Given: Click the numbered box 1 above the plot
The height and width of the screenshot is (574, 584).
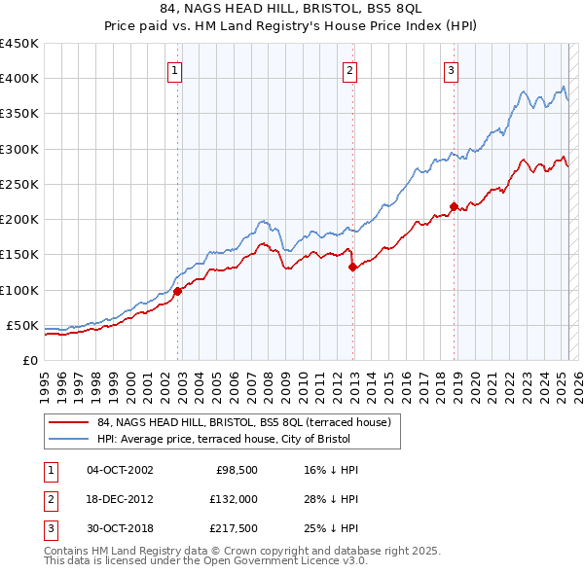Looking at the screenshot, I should pos(173,70).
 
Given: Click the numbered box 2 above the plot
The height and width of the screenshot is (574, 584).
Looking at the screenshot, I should pos(349,70).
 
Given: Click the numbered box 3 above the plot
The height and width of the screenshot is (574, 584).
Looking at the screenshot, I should pos(452,70).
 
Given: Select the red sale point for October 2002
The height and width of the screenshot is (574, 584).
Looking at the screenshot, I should pos(178,290).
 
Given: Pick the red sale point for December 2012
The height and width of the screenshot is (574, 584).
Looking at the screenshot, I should pos(353,267).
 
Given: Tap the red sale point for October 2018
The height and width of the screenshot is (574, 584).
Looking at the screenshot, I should pos(454,206).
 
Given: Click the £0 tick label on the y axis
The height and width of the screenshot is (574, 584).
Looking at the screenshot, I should pos(30,360).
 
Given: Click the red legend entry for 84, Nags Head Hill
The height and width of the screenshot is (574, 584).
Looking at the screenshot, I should pos(243,422).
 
